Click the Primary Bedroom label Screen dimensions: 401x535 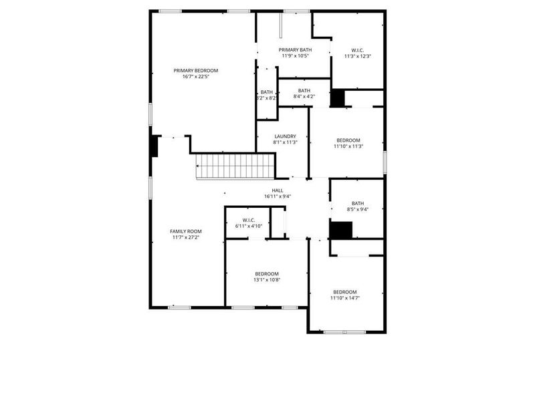(196, 70)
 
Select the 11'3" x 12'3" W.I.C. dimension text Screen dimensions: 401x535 (357, 56)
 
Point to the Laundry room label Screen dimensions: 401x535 (285, 136)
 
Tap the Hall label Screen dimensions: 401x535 (277, 190)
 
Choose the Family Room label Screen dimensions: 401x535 (185, 231)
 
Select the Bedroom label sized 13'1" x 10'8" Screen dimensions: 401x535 (267, 274)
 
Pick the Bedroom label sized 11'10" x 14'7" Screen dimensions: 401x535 (345, 292)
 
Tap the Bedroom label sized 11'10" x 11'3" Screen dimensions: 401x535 (348, 140)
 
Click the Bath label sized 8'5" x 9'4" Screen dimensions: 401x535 (358, 204)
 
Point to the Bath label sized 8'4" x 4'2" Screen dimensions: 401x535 (304, 91)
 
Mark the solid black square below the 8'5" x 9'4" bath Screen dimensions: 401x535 (341, 230)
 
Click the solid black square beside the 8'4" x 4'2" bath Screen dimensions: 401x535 (338, 98)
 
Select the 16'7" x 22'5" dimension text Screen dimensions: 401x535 (196, 77)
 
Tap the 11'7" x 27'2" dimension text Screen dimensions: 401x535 (185, 237)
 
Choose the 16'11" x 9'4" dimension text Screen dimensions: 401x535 (277, 196)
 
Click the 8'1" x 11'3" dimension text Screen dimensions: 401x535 (285, 142)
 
